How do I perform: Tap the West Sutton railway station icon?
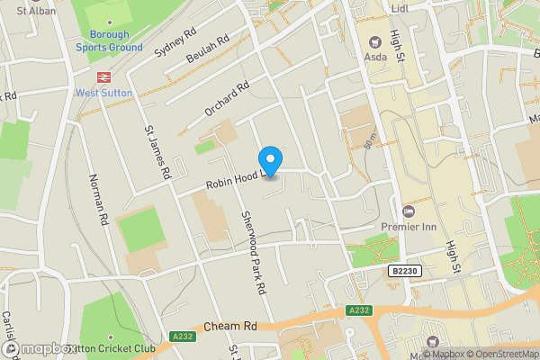click(104, 76)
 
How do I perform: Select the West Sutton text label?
click(104, 93)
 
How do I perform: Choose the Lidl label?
click(400, 9)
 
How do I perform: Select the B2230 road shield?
click(406, 270)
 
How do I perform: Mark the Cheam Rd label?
click(230, 327)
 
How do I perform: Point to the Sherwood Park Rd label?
click(253, 255)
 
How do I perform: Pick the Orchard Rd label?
click(226, 100)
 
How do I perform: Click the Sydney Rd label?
click(175, 40)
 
